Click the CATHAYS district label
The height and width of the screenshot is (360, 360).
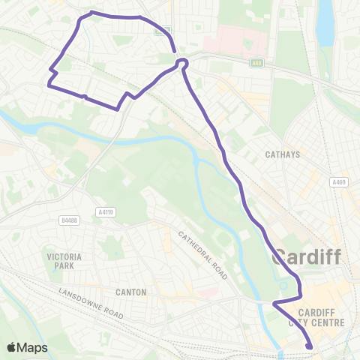click(282, 155)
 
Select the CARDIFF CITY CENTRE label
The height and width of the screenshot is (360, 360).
click(320, 318)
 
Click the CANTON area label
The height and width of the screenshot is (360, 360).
click(131, 291)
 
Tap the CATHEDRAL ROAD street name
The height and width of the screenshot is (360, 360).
click(202, 254)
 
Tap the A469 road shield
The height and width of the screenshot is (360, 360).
click(339, 182)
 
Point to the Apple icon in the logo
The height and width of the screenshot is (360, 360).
click(13, 346)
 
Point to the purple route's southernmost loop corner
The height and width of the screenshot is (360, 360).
click(118, 109)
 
